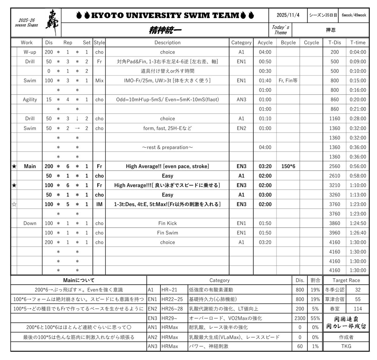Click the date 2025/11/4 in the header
click(x=288, y=15)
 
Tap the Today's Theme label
click(x=280, y=30)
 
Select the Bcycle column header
click(x=288, y=43)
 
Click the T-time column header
click(x=358, y=43)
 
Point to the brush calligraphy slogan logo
click(x=53, y=22)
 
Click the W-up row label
click(x=30, y=52)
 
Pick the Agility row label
click(x=30, y=100)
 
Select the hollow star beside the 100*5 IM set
click(x=14, y=204)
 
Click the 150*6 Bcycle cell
click(x=288, y=166)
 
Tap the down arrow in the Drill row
click(x=77, y=119)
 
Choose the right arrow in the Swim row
click(x=77, y=128)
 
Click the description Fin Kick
click(x=167, y=223)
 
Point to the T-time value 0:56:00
click(x=358, y=166)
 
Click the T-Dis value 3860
click(x=334, y=223)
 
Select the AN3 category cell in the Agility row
click(x=241, y=100)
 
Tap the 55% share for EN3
click(x=315, y=318)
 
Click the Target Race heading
click(x=346, y=280)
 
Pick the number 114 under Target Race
click(x=357, y=309)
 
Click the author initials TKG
click(x=346, y=346)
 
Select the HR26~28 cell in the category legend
click(x=172, y=309)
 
